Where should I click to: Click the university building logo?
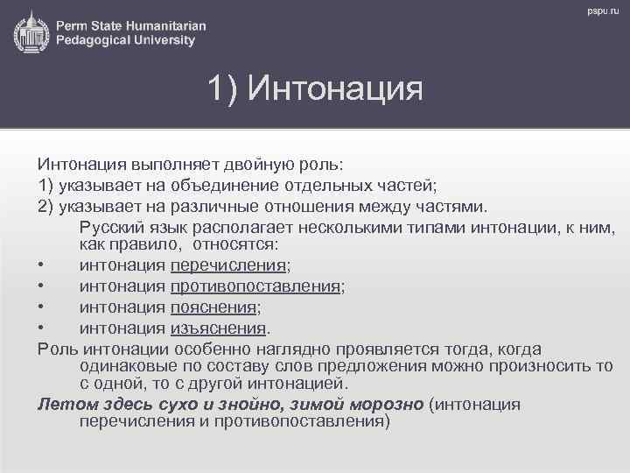(x=31, y=32)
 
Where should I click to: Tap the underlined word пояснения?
(x=213, y=307)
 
